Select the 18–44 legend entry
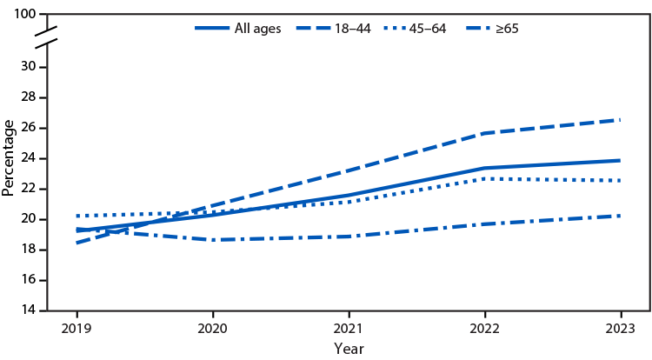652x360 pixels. [344, 28]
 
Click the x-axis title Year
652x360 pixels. [348, 348]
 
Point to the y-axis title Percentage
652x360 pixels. [9, 158]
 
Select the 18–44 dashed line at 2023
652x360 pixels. [621, 120]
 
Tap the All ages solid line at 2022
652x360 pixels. [484, 168]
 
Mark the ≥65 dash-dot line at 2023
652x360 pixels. [621, 216]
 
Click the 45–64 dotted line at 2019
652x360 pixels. [77, 216]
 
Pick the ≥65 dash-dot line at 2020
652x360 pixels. [213, 240]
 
